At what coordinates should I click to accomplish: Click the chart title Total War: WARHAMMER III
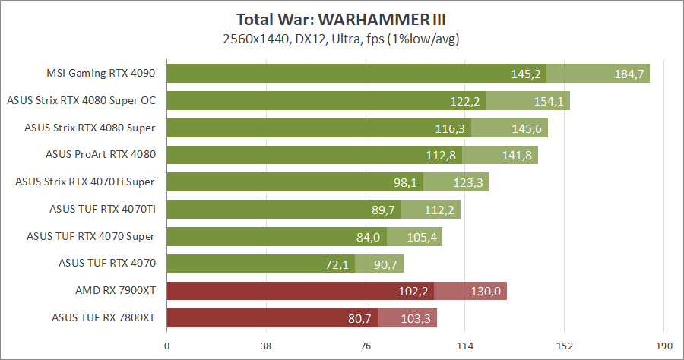[x=342, y=19]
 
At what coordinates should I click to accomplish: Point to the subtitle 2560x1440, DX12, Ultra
[x=342, y=38]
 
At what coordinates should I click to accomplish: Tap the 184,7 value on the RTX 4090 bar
[x=629, y=74]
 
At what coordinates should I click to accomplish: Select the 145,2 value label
[x=526, y=74]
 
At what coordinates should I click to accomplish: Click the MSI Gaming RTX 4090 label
[x=101, y=74]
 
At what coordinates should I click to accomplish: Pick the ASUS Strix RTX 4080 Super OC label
[x=81, y=100]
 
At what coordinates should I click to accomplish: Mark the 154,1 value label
[x=549, y=101]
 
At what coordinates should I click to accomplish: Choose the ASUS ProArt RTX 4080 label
[x=101, y=155]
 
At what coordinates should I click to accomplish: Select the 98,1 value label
[x=405, y=183]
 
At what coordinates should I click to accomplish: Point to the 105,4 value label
[x=422, y=238]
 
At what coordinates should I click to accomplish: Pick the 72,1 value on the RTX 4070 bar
[x=337, y=265]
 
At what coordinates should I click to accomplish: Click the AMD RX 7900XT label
[x=116, y=291]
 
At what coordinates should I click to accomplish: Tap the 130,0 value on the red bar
[x=486, y=292]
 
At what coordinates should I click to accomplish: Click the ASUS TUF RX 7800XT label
[x=103, y=318]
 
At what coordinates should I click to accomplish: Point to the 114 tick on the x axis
[x=465, y=347]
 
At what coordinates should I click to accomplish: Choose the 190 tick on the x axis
[x=663, y=347]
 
